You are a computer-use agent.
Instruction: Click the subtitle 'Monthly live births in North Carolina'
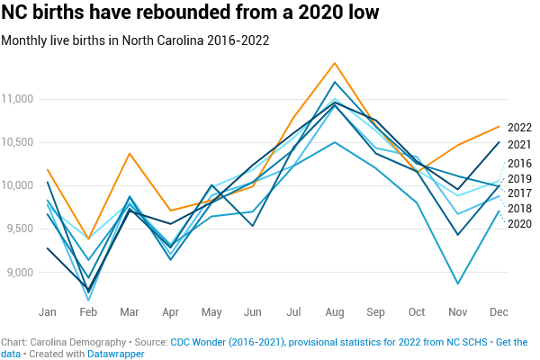[135, 40]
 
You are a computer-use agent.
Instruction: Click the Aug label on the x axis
[335, 311]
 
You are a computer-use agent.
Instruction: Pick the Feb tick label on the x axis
[88, 311]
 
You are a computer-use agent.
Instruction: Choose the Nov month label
[459, 311]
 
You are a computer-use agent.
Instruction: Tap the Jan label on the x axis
[48, 311]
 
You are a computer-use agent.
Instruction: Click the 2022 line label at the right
[519, 127]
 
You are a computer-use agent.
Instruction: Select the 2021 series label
[519, 144]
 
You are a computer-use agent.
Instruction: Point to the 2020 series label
[519, 224]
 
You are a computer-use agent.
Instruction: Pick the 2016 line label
[519, 163]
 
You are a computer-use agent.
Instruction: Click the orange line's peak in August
[335, 63]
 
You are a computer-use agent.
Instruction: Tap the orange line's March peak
[130, 154]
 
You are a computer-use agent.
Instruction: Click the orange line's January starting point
[48, 169]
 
